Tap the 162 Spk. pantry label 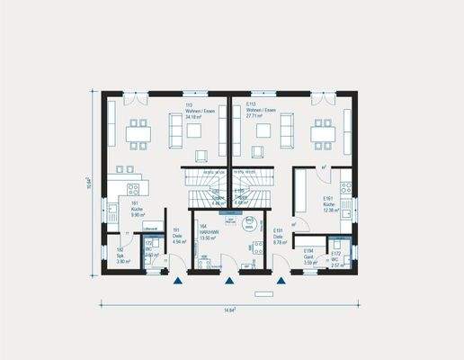[x=121, y=254]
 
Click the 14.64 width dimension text [x=229, y=309]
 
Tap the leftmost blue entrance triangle [x=180, y=281]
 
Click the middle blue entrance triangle [x=230, y=281]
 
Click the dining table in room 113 [x=138, y=133]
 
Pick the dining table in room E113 [x=322, y=133]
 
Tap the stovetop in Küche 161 [x=133, y=190]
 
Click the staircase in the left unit [x=202, y=190]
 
